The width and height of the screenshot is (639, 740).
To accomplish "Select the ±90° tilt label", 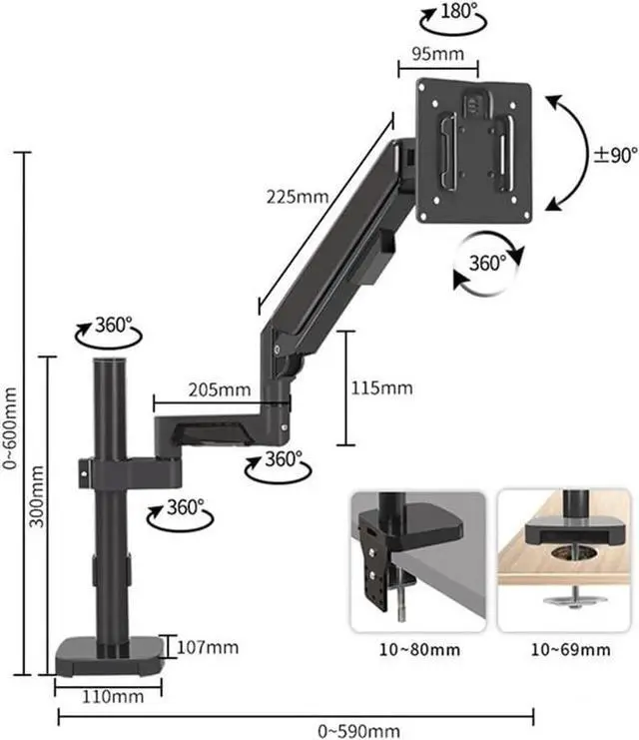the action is (615, 155).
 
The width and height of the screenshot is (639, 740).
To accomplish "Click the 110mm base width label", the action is (109, 695).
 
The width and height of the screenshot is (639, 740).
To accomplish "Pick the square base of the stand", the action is (108, 656).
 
